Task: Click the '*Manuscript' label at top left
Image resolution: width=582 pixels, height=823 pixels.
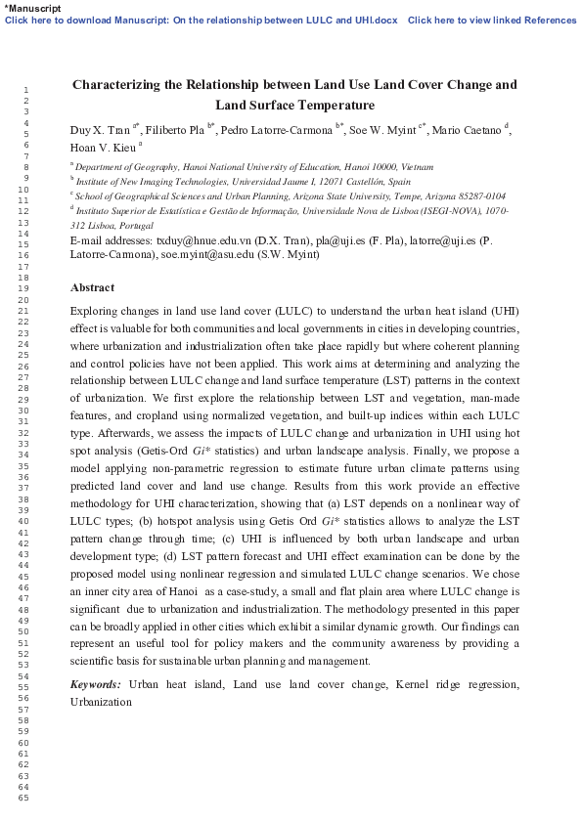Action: point(32,8)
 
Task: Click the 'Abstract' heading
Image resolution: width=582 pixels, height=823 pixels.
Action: point(92,288)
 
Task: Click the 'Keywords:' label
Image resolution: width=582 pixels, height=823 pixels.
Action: point(96,684)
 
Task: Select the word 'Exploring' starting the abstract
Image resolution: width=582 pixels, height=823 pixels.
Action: point(96,311)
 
